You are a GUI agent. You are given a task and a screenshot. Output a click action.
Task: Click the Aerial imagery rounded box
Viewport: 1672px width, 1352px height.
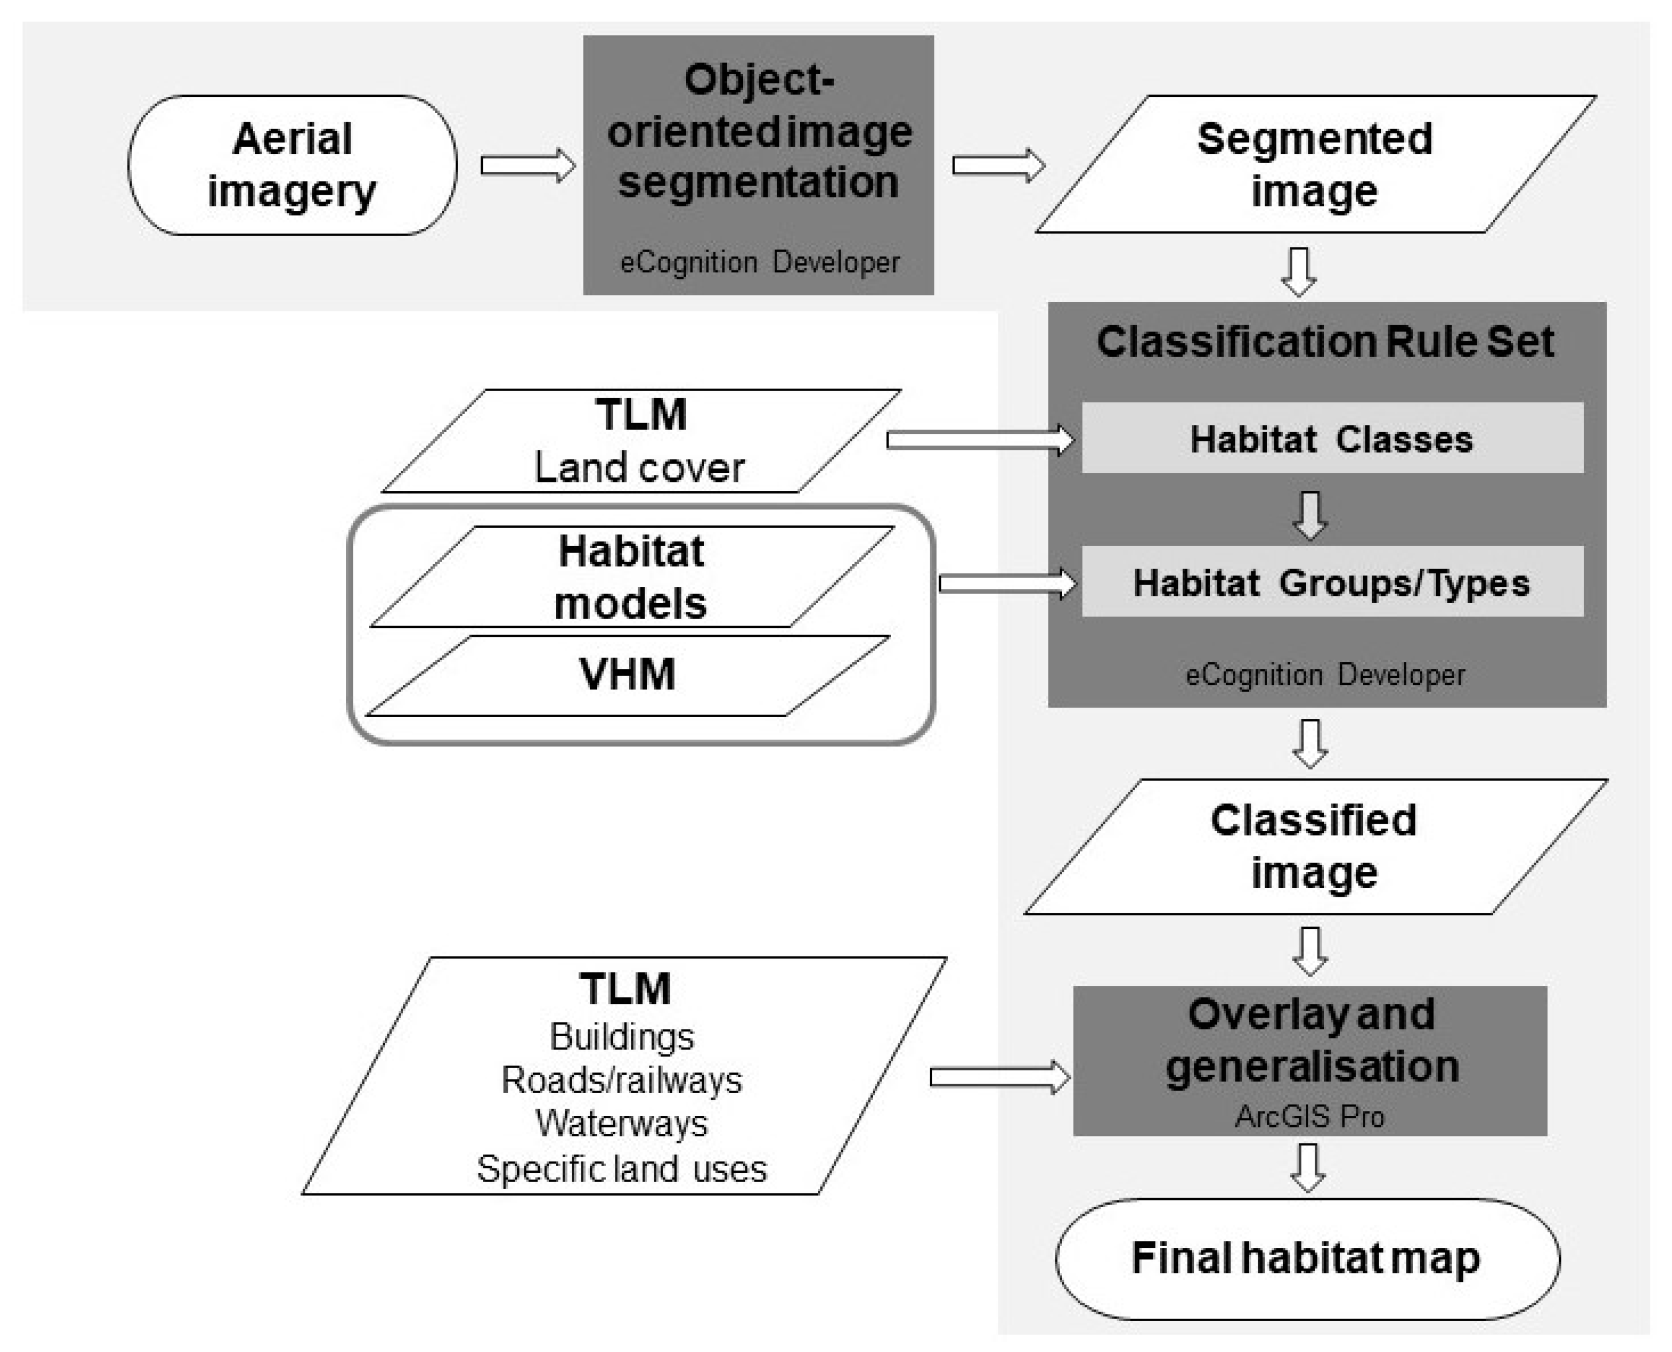(292, 165)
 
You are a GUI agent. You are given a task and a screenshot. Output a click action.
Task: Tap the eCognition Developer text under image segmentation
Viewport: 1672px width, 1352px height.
(759, 262)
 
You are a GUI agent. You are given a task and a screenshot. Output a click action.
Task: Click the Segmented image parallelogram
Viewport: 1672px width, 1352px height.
(1315, 164)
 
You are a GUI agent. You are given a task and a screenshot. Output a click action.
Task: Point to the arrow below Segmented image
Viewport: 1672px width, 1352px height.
(1299, 271)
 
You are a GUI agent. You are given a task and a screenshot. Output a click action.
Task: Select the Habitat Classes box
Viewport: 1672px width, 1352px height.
(1332, 439)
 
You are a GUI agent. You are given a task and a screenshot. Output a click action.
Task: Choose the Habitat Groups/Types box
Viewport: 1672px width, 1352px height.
(1332, 582)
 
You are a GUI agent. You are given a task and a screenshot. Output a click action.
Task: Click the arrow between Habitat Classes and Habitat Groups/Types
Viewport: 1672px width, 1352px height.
(1311, 514)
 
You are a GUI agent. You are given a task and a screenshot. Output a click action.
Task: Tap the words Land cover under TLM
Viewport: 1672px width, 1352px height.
(639, 468)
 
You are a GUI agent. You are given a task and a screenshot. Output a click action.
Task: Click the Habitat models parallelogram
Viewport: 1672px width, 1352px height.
(631, 577)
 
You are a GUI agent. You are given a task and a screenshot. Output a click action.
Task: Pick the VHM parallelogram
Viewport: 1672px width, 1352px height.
(627, 674)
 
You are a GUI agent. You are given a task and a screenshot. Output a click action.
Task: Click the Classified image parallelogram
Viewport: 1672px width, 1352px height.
(1315, 846)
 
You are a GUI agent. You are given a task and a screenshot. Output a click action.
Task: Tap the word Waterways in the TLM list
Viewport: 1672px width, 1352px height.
(622, 1123)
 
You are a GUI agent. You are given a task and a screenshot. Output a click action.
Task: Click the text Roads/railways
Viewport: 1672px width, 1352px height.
(622, 1080)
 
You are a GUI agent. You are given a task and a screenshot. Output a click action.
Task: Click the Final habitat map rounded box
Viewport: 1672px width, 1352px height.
(1307, 1258)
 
